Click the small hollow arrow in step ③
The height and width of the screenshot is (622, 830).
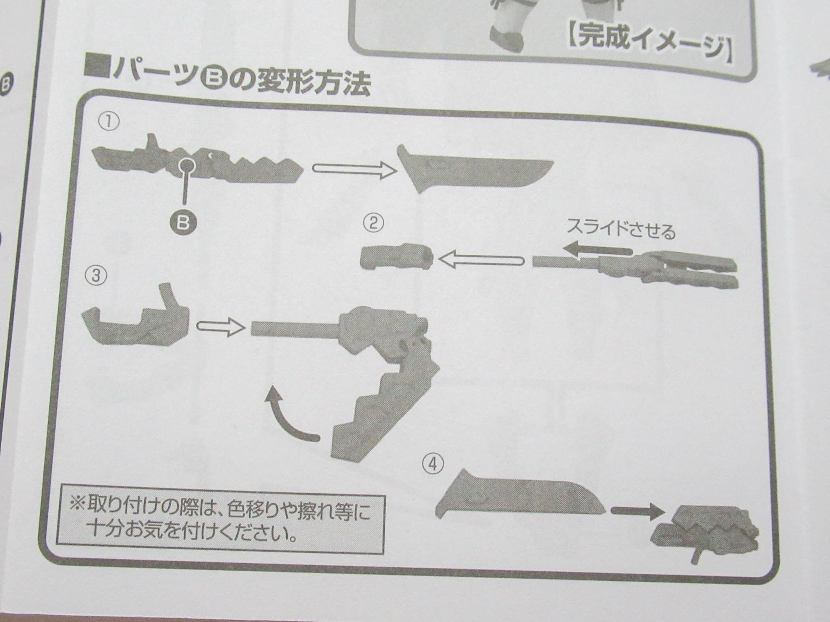pos(221,326)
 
